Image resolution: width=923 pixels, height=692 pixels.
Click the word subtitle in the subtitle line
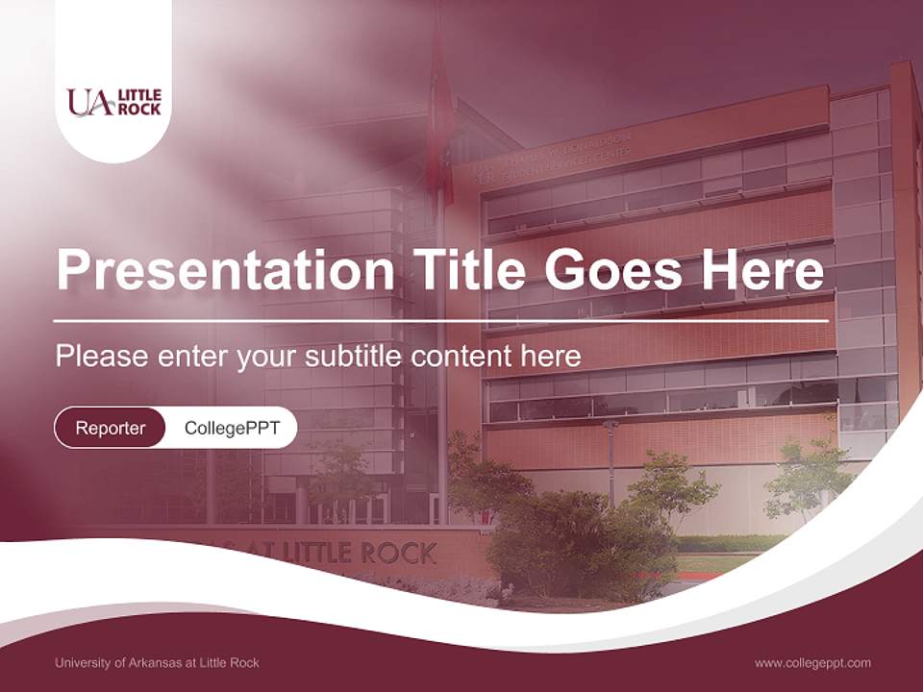[x=355, y=357]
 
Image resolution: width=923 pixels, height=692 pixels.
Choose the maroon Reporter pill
[x=111, y=428]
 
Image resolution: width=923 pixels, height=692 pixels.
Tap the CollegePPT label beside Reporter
[x=232, y=428]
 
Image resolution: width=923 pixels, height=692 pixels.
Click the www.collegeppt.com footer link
[x=812, y=662]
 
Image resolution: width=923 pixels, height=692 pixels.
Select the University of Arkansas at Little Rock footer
[x=157, y=662]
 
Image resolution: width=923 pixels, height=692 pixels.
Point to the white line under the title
[x=440, y=320]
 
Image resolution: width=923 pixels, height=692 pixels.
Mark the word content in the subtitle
[x=463, y=357]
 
